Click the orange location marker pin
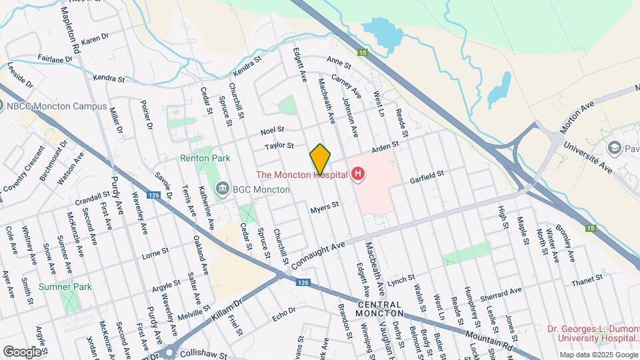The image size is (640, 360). point(320,158)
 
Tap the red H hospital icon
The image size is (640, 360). point(359,175)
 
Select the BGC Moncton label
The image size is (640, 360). point(261,189)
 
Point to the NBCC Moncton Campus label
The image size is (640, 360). point(57,106)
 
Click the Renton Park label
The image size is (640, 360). point(205,159)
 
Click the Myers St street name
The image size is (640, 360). point(325,209)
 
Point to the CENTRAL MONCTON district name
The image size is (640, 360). point(380,308)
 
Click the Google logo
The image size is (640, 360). point(22,351)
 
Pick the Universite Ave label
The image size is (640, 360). point(587,157)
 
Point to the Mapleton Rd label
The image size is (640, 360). point(69,27)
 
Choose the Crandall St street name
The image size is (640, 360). point(92,197)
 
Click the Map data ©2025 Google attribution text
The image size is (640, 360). point(598,355)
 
